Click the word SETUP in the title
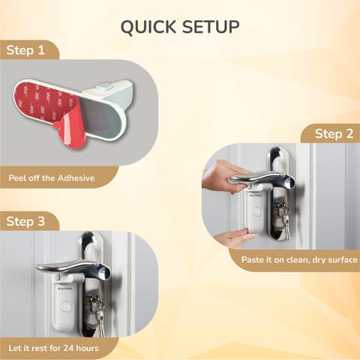pyautogui.click(x=211, y=28)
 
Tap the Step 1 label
pyautogui.click(x=25, y=50)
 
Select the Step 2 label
pyautogui.click(x=334, y=133)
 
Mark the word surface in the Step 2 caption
pyautogui.click(x=339, y=259)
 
